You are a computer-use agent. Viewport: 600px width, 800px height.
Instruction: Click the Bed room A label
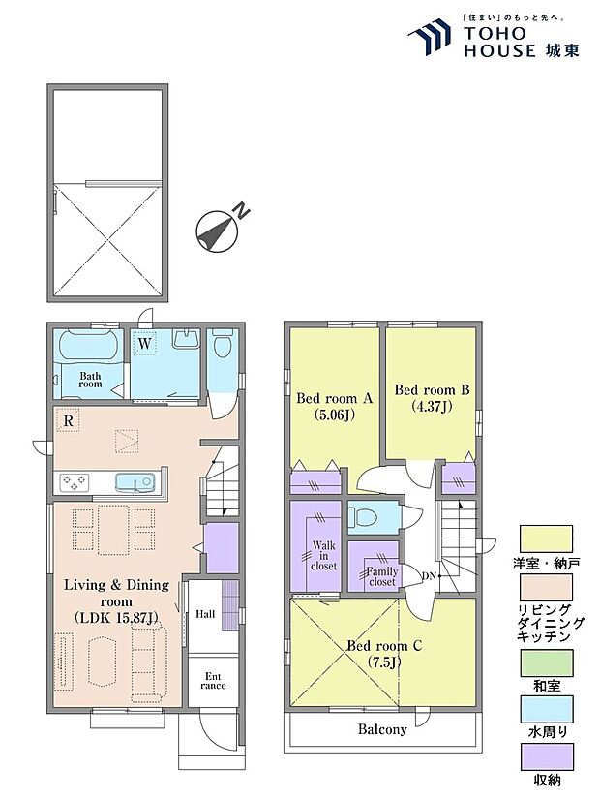pos(335,406)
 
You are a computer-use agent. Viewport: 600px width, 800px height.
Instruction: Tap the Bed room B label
pos(432,398)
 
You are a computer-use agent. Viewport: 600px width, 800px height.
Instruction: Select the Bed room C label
pos(384,654)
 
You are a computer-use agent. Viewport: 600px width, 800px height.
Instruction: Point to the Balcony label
pos(382,729)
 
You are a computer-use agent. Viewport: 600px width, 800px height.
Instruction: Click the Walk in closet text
pos(324,556)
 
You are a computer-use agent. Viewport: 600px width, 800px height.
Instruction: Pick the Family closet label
pos(382,576)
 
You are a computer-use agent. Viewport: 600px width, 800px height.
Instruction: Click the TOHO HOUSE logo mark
pos(430,37)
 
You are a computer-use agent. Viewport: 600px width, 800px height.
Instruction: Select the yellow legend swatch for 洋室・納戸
pos(546,538)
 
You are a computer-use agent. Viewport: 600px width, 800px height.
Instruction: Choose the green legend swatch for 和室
pos(546,662)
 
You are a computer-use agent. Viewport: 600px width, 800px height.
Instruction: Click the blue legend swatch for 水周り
pos(546,709)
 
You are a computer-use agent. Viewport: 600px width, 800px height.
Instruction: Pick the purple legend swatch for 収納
pos(546,756)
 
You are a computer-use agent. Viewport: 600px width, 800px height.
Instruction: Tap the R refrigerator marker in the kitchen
pos(69,421)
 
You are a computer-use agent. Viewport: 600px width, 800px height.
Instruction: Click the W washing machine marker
pos(145,344)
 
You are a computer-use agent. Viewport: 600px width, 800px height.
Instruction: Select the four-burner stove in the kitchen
pos(75,482)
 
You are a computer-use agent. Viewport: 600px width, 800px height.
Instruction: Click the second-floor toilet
pos(363,518)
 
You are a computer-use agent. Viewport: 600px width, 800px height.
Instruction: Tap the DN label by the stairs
pos(429,576)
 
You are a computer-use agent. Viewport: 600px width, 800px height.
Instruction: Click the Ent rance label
pos(213,681)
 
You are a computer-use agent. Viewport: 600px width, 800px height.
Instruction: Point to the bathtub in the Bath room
pos(90,345)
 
